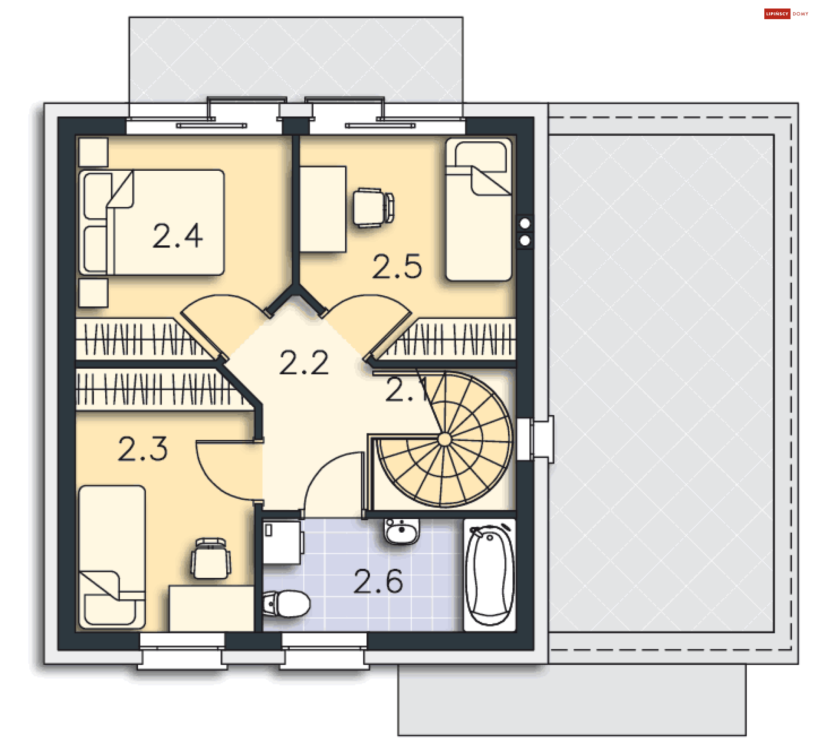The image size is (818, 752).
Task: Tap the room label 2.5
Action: point(397,267)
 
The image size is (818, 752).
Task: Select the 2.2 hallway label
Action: point(304,362)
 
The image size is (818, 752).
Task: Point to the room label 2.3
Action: point(143,448)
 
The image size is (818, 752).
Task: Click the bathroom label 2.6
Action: point(378,581)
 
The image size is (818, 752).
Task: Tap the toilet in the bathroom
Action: point(286,603)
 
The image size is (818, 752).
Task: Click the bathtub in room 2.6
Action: point(490,574)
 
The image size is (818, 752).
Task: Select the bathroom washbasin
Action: point(401,531)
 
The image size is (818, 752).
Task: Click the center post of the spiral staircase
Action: point(444,439)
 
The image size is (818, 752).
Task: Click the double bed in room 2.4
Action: point(152,222)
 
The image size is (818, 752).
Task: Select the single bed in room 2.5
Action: point(478,209)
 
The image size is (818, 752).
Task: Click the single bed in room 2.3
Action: point(112,557)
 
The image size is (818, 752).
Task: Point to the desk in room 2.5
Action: point(323,209)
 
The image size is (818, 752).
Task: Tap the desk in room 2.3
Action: point(211,608)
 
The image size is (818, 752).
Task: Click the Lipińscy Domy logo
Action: point(786,14)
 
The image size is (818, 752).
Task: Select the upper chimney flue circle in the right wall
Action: point(525,223)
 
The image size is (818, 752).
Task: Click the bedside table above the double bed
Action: point(93,152)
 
